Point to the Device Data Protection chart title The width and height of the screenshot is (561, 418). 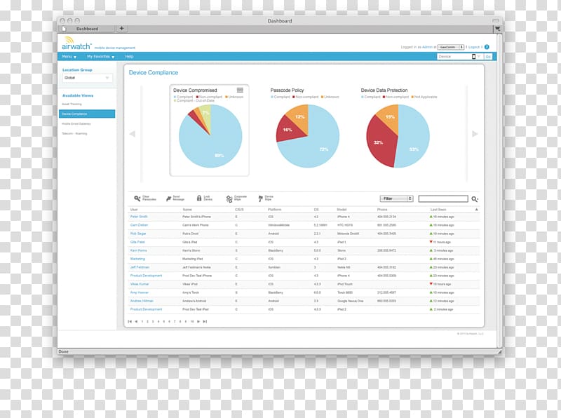(384, 90)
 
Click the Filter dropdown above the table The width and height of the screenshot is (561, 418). (396, 199)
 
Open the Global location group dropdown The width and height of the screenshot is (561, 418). (87, 78)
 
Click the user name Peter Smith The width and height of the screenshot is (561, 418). (139, 217)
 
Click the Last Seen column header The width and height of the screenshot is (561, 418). (438, 209)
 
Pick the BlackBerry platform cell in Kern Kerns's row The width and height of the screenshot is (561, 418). (276, 250)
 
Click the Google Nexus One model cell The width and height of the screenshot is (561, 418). (351, 301)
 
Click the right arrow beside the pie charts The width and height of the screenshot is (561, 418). (475, 134)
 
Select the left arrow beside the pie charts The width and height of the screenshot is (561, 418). (132, 134)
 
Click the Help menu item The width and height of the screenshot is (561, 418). (129, 56)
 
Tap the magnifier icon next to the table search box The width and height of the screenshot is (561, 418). (475, 199)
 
